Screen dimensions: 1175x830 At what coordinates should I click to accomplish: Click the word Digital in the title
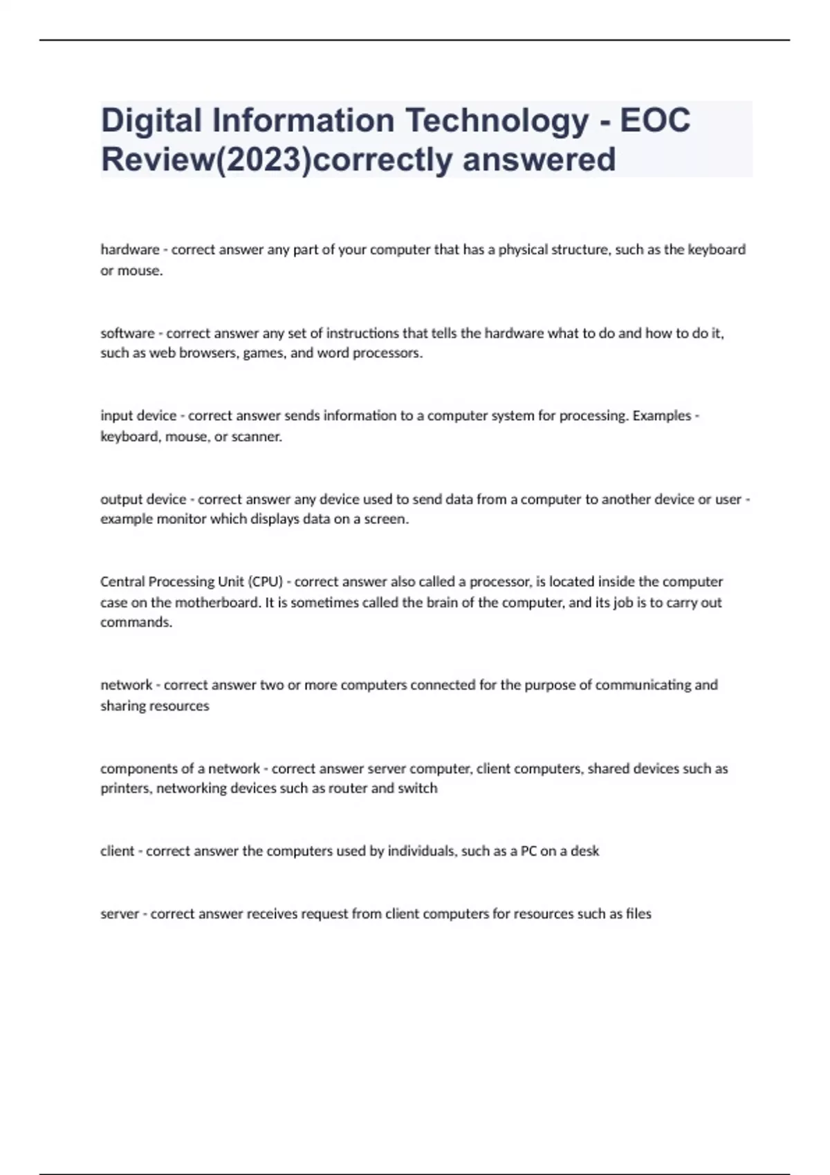coord(151,120)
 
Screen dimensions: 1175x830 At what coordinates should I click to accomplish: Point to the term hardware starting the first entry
coord(130,250)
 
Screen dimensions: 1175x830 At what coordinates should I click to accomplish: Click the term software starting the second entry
coord(127,333)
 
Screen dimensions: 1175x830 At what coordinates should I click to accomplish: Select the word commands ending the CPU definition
coord(136,622)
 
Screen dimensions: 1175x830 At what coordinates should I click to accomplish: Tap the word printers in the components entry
coord(125,789)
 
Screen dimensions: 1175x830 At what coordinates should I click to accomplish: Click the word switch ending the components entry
coord(417,789)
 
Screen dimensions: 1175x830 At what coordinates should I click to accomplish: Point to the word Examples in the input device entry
coord(662,416)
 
